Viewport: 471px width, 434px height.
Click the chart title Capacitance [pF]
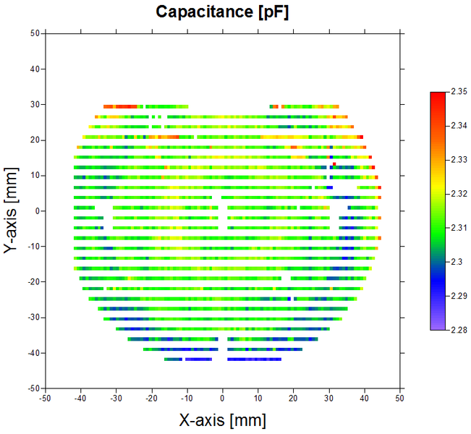[x=222, y=12]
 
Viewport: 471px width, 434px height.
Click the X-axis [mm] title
[x=222, y=420]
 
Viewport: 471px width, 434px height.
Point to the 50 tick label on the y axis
[x=33, y=33]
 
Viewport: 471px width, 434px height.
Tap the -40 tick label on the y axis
[x=32, y=353]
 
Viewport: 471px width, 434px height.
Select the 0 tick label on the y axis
[x=36, y=211]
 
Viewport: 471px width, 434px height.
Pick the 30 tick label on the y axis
[x=33, y=104]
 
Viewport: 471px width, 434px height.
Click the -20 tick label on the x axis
[x=151, y=398]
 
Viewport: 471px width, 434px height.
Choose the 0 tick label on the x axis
[x=222, y=398]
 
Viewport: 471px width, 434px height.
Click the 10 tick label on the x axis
[x=258, y=398]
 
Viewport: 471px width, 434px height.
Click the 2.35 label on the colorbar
[x=459, y=92]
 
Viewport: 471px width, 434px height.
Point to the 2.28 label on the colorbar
[x=459, y=330]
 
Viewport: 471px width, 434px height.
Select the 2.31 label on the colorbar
[x=459, y=228]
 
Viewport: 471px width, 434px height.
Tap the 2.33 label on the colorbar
[x=459, y=160]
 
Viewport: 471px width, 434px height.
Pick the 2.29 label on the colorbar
[x=459, y=296]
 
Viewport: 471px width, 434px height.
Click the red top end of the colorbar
[x=438, y=95]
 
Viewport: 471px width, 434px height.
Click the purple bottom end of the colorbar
[x=438, y=327]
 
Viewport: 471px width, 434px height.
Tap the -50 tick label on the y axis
[x=32, y=388]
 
